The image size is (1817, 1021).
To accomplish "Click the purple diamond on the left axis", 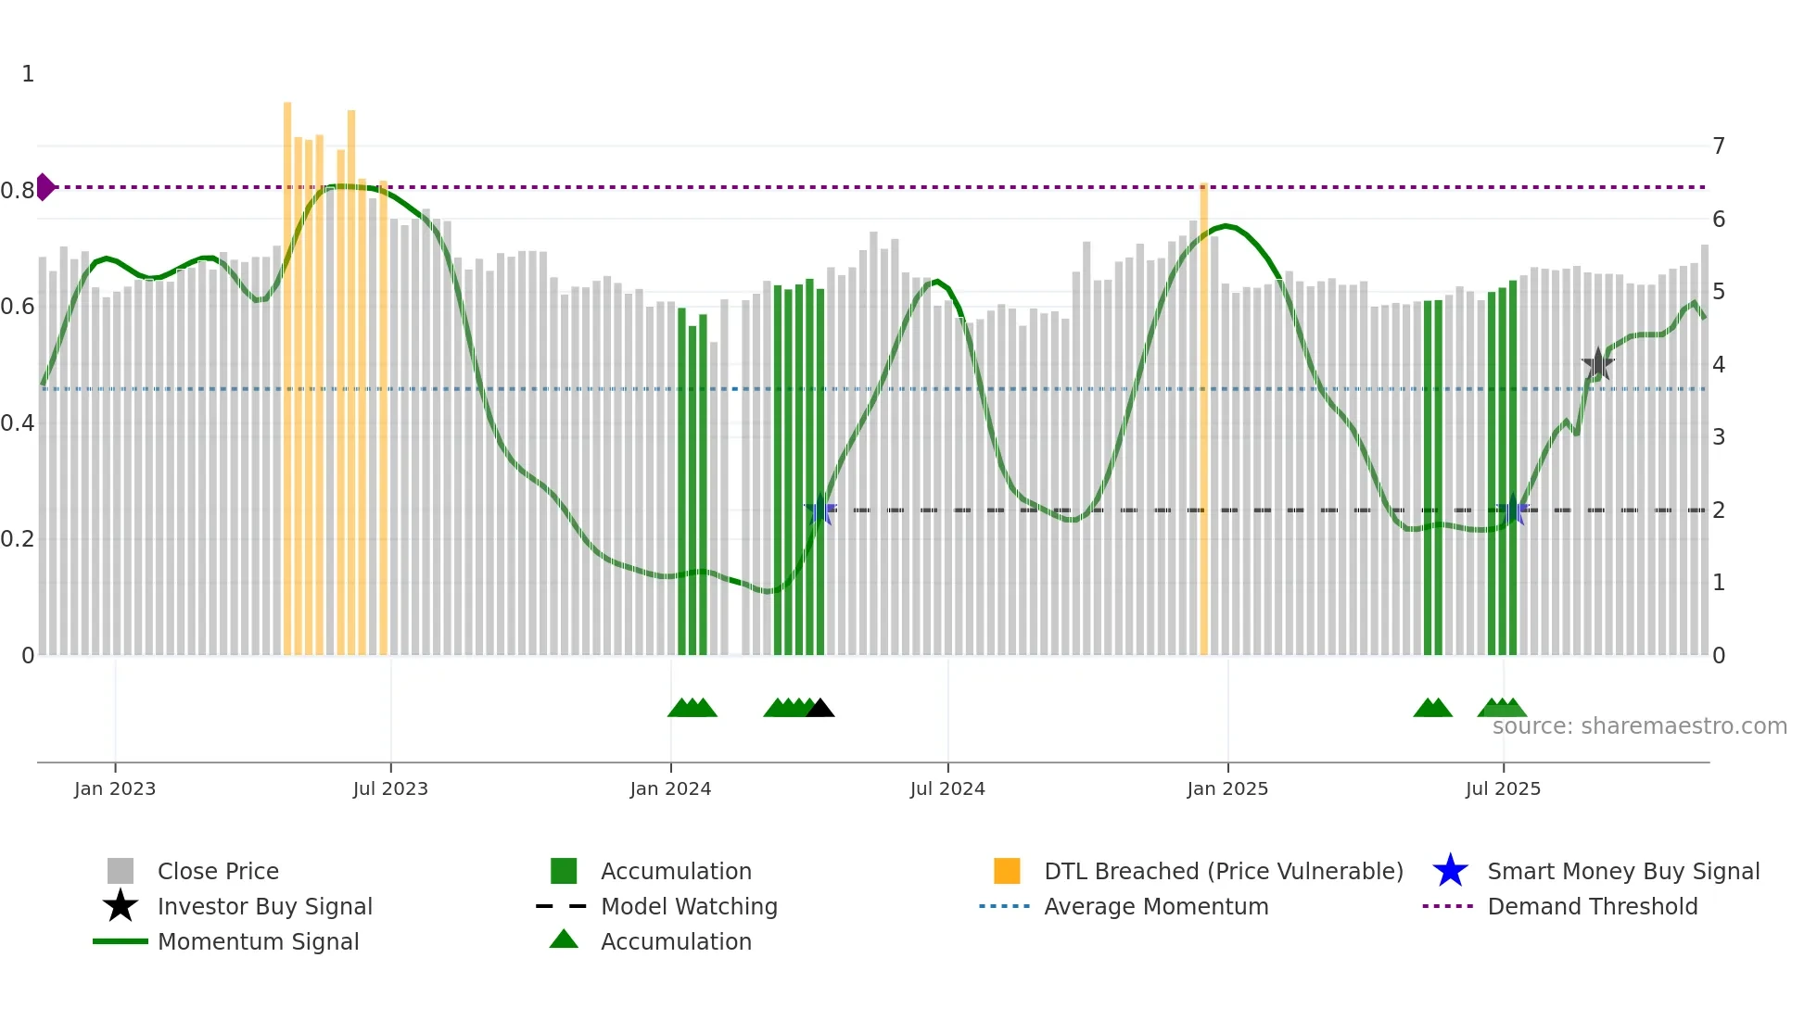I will [x=44, y=187].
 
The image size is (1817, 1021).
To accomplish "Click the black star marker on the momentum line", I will [x=1597, y=364].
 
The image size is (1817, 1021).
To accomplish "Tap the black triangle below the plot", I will [x=820, y=709].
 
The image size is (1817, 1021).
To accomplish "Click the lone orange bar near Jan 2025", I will [x=1203, y=417].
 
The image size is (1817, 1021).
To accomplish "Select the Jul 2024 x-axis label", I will [x=947, y=789].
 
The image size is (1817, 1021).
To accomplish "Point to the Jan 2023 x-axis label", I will [x=115, y=789].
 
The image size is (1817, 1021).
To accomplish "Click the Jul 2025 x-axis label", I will [x=1503, y=789].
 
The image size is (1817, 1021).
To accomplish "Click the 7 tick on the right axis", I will [x=1719, y=146].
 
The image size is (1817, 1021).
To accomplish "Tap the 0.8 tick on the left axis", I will [x=18, y=191].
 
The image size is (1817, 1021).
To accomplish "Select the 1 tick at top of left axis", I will [x=28, y=74].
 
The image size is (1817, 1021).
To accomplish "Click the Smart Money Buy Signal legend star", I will [x=1450, y=871].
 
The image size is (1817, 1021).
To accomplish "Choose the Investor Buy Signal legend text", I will [x=265, y=906].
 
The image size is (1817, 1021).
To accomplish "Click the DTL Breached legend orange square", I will [x=1007, y=871].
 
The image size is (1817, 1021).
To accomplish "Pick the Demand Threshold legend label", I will [x=1593, y=906].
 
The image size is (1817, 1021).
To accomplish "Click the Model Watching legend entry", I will [x=689, y=906].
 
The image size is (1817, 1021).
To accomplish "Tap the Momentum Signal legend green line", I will [x=121, y=941].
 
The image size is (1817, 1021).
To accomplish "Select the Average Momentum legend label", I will [x=1156, y=906].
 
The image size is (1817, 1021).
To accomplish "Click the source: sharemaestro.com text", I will [x=1639, y=726].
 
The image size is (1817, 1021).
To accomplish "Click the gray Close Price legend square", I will [x=121, y=871].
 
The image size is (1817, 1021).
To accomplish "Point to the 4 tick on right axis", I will [x=1719, y=365].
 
